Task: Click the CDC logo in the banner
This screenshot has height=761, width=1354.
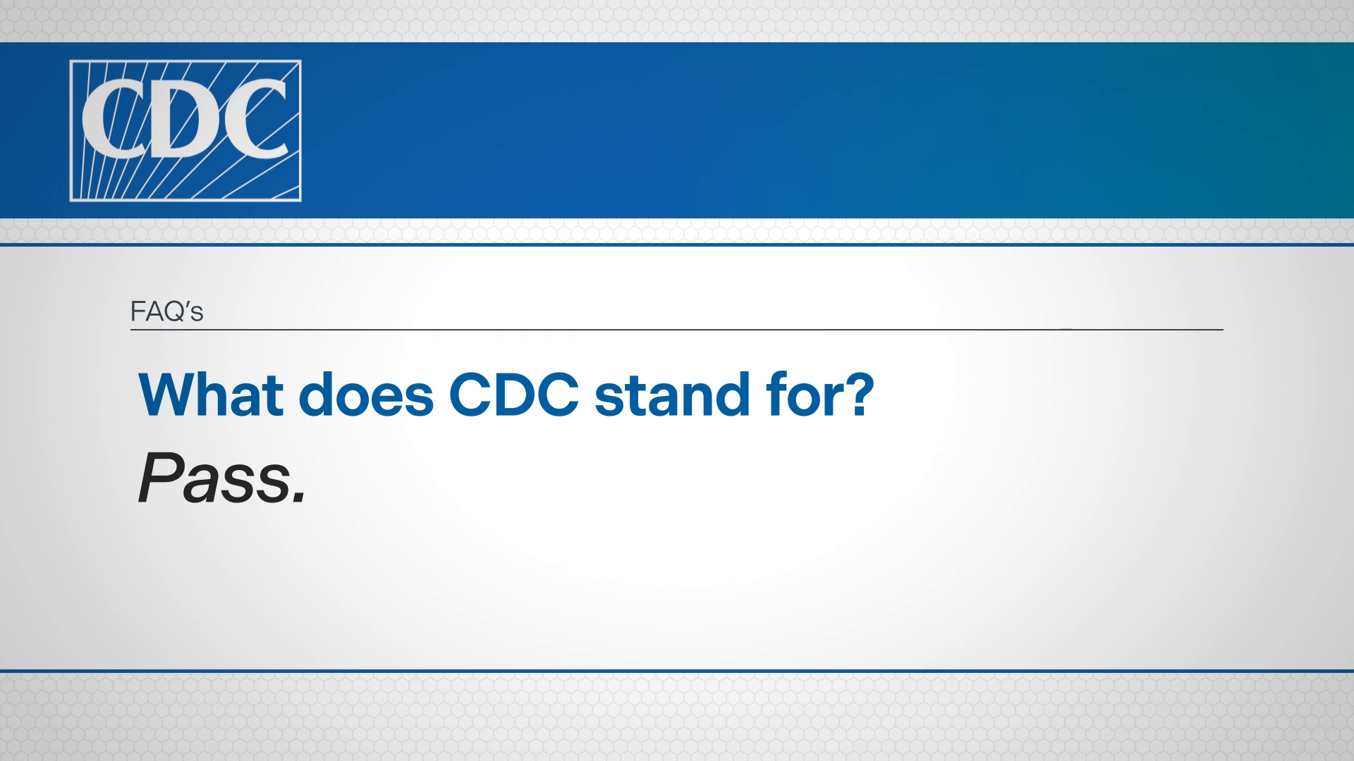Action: coord(185,131)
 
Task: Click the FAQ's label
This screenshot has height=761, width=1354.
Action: coord(167,311)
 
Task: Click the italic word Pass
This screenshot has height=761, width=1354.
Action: coord(222,479)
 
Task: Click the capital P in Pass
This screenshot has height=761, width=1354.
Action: coord(159,479)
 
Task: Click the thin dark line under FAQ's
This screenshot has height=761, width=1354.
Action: coord(677,329)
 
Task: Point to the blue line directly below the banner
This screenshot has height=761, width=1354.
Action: coord(677,245)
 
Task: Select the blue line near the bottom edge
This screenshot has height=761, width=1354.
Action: coord(677,671)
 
